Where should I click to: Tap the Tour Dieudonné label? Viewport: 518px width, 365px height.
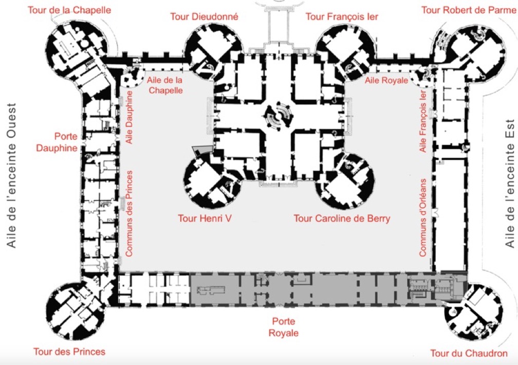[x=204, y=16]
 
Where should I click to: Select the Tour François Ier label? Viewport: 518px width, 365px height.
[x=342, y=16]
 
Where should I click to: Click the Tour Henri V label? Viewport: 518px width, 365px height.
[x=205, y=218]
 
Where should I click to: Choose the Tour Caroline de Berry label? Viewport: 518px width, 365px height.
[x=342, y=218]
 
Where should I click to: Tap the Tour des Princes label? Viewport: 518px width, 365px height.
[x=69, y=352]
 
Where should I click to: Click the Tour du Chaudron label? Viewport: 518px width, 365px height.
[x=469, y=353]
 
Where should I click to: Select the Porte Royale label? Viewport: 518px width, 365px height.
[x=283, y=327]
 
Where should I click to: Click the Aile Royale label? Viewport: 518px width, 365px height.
[x=386, y=81]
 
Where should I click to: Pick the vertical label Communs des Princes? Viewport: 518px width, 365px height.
[x=129, y=213]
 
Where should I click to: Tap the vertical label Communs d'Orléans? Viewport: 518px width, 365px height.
[x=423, y=217]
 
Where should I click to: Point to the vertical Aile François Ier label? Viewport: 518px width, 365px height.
[x=423, y=122]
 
